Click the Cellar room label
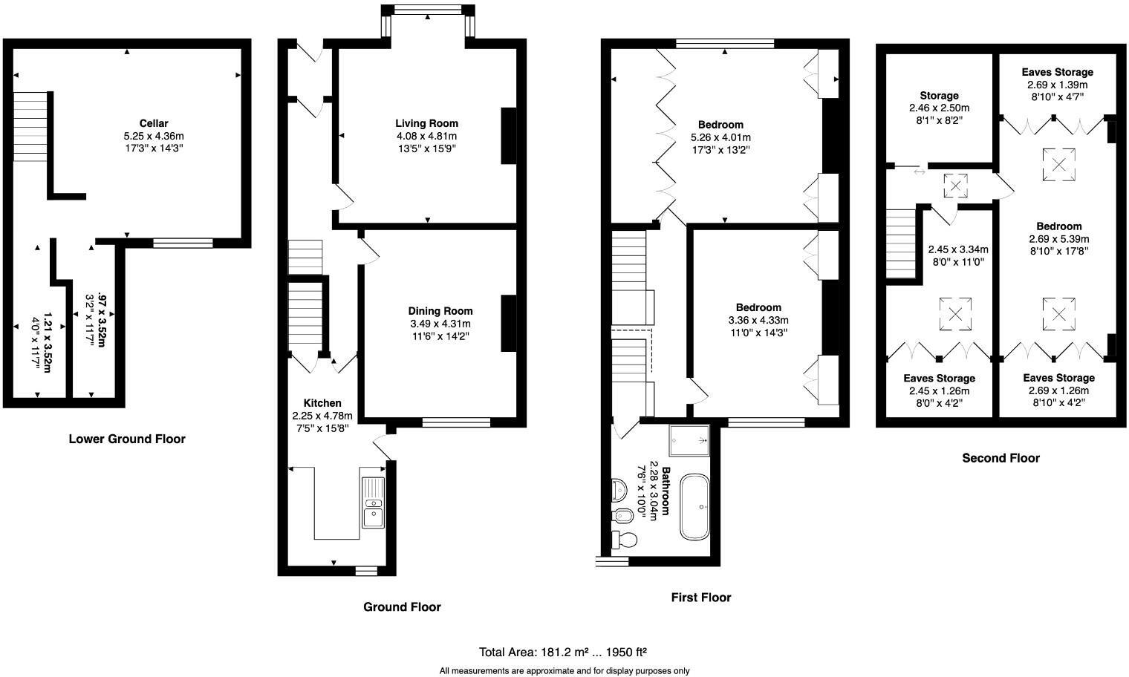[x=153, y=123]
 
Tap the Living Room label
[x=426, y=123]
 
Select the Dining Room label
[x=440, y=311]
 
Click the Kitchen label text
[x=322, y=403]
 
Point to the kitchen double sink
[x=373, y=503]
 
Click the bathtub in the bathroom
[x=694, y=506]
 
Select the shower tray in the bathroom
[x=689, y=439]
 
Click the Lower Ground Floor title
[x=127, y=439]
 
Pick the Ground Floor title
[x=402, y=606]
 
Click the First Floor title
[x=700, y=597]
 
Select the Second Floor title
[x=1001, y=458]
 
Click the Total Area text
[x=562, y=653]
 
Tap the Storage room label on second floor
[x=939, y=96]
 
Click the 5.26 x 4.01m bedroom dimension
[x=720, y=137]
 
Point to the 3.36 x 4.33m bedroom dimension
[x=758, y=320]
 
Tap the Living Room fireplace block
[x=509, y=136]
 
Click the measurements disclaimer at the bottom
[x=564, y=671]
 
